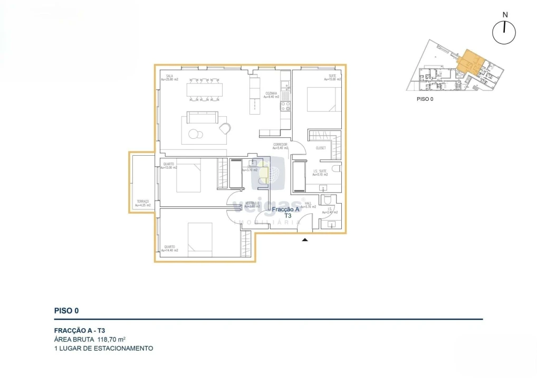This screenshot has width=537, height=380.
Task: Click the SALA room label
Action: click(x=169, y=76)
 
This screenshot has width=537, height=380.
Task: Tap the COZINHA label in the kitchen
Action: click(x=272, y=93)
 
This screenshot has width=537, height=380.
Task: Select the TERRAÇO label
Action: click(x=142, y=201)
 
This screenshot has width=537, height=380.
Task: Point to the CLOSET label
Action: click(x=321, y=148)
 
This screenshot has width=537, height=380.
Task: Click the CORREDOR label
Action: click(x=280, y=145)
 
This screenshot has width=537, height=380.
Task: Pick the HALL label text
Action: click(x=308, y=203)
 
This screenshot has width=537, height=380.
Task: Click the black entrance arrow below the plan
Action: click(x=305, y=240)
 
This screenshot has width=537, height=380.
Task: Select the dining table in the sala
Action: click(x=204, y=90)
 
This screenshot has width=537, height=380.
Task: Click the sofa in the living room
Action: click(x=202, y=117)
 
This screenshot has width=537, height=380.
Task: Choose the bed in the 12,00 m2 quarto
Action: click(x=189, y=177)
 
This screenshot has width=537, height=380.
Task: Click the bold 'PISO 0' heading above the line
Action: click(x=66, y=311)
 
